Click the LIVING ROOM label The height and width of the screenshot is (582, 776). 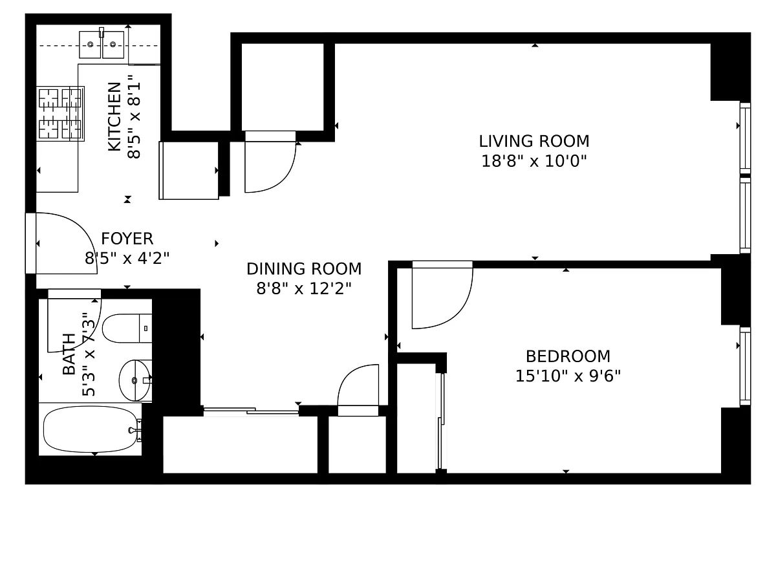(x=534, y=142)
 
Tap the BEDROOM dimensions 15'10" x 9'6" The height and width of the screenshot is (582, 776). (x=568, y=376)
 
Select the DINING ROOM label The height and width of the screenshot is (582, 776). (x=304, y=269)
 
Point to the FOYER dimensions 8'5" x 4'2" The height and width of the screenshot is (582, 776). (x=127, y=258)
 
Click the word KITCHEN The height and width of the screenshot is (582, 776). (x=114, y=117)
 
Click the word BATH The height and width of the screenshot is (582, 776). (x=69, y=354)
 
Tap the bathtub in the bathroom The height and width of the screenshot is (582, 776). (x=90, y=429)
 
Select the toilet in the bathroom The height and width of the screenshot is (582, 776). (x=127, y=329)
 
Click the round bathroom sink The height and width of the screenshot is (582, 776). (x=135, y=380)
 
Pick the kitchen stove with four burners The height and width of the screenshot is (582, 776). (x=60, y=114)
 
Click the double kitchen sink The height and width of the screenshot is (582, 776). (x=102, y=44)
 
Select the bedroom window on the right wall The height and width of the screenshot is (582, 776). (x=745, y=366)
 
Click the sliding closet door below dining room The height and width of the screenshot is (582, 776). (x=251, y=411)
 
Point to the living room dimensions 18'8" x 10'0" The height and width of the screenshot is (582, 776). (x=534, y=161)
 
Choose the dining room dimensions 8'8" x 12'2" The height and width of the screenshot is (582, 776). (x=304, y=289)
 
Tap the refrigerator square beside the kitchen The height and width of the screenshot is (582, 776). (x=189, y=170)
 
